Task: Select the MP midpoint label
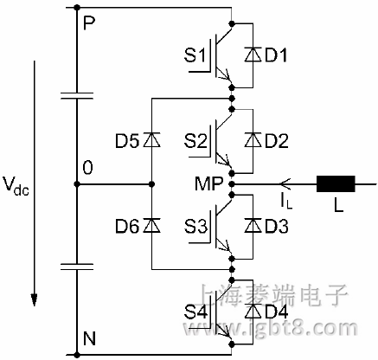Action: pos(210,183)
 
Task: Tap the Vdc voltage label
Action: pos(16,185)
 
